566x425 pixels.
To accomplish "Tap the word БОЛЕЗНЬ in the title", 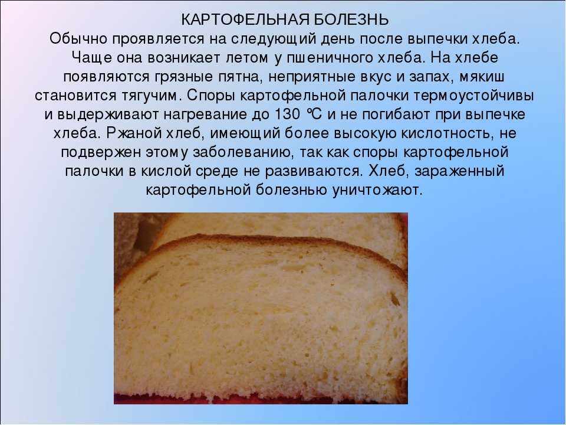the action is click(x=351, y=20).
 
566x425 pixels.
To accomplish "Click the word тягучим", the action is click(x=147, y=96).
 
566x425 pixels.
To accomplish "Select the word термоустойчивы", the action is click(x=473, y=96).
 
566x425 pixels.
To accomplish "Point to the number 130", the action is click(x=287, y=115).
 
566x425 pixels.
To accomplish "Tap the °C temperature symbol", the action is click(x=314, y=115).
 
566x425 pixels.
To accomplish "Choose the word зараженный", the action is click(x=459, y=171).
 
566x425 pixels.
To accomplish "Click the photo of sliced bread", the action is click(x=261, y=308).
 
